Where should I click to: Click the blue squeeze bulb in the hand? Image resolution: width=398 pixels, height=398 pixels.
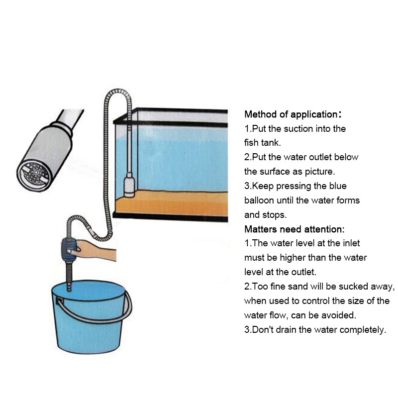(69, 250)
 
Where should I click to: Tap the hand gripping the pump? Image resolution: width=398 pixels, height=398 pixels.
(95, 251)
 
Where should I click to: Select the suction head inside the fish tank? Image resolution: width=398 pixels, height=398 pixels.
(129, 185)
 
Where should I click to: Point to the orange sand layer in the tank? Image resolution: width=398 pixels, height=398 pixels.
(172, 203)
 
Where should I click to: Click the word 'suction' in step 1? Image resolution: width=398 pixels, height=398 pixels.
(298, 129)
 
